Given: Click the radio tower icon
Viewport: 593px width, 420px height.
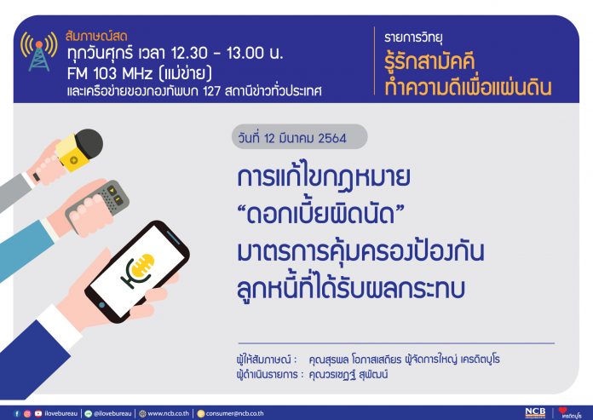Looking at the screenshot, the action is tap(39, 51).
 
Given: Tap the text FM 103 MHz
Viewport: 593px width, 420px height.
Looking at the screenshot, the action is tap(110, 73).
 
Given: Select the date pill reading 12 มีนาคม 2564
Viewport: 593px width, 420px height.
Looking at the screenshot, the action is tap(299, 137).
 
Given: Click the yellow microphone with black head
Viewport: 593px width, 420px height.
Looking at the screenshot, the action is tap(79, 149).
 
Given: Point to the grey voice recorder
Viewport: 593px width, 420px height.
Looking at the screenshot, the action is tap(98, 205).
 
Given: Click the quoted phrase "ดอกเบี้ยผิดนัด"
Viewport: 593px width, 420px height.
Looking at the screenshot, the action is tap(320, 215).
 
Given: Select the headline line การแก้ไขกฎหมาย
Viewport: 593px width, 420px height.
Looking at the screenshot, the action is tap(324, 177).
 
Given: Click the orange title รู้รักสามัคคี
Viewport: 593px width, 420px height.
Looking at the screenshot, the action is tap(429, 63).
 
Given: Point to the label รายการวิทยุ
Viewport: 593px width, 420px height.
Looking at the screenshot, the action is tap(413, 37).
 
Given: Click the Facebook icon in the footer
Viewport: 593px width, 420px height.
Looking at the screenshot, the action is tap(17, 413).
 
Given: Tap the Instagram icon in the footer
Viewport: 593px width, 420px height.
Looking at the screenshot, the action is tap(27, 413).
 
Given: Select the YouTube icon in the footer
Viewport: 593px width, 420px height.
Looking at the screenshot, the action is tap(38, 413).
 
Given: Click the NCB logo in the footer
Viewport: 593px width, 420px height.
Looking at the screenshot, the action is tap(535, 413).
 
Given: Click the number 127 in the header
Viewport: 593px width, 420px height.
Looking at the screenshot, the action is tap(211, 91).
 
